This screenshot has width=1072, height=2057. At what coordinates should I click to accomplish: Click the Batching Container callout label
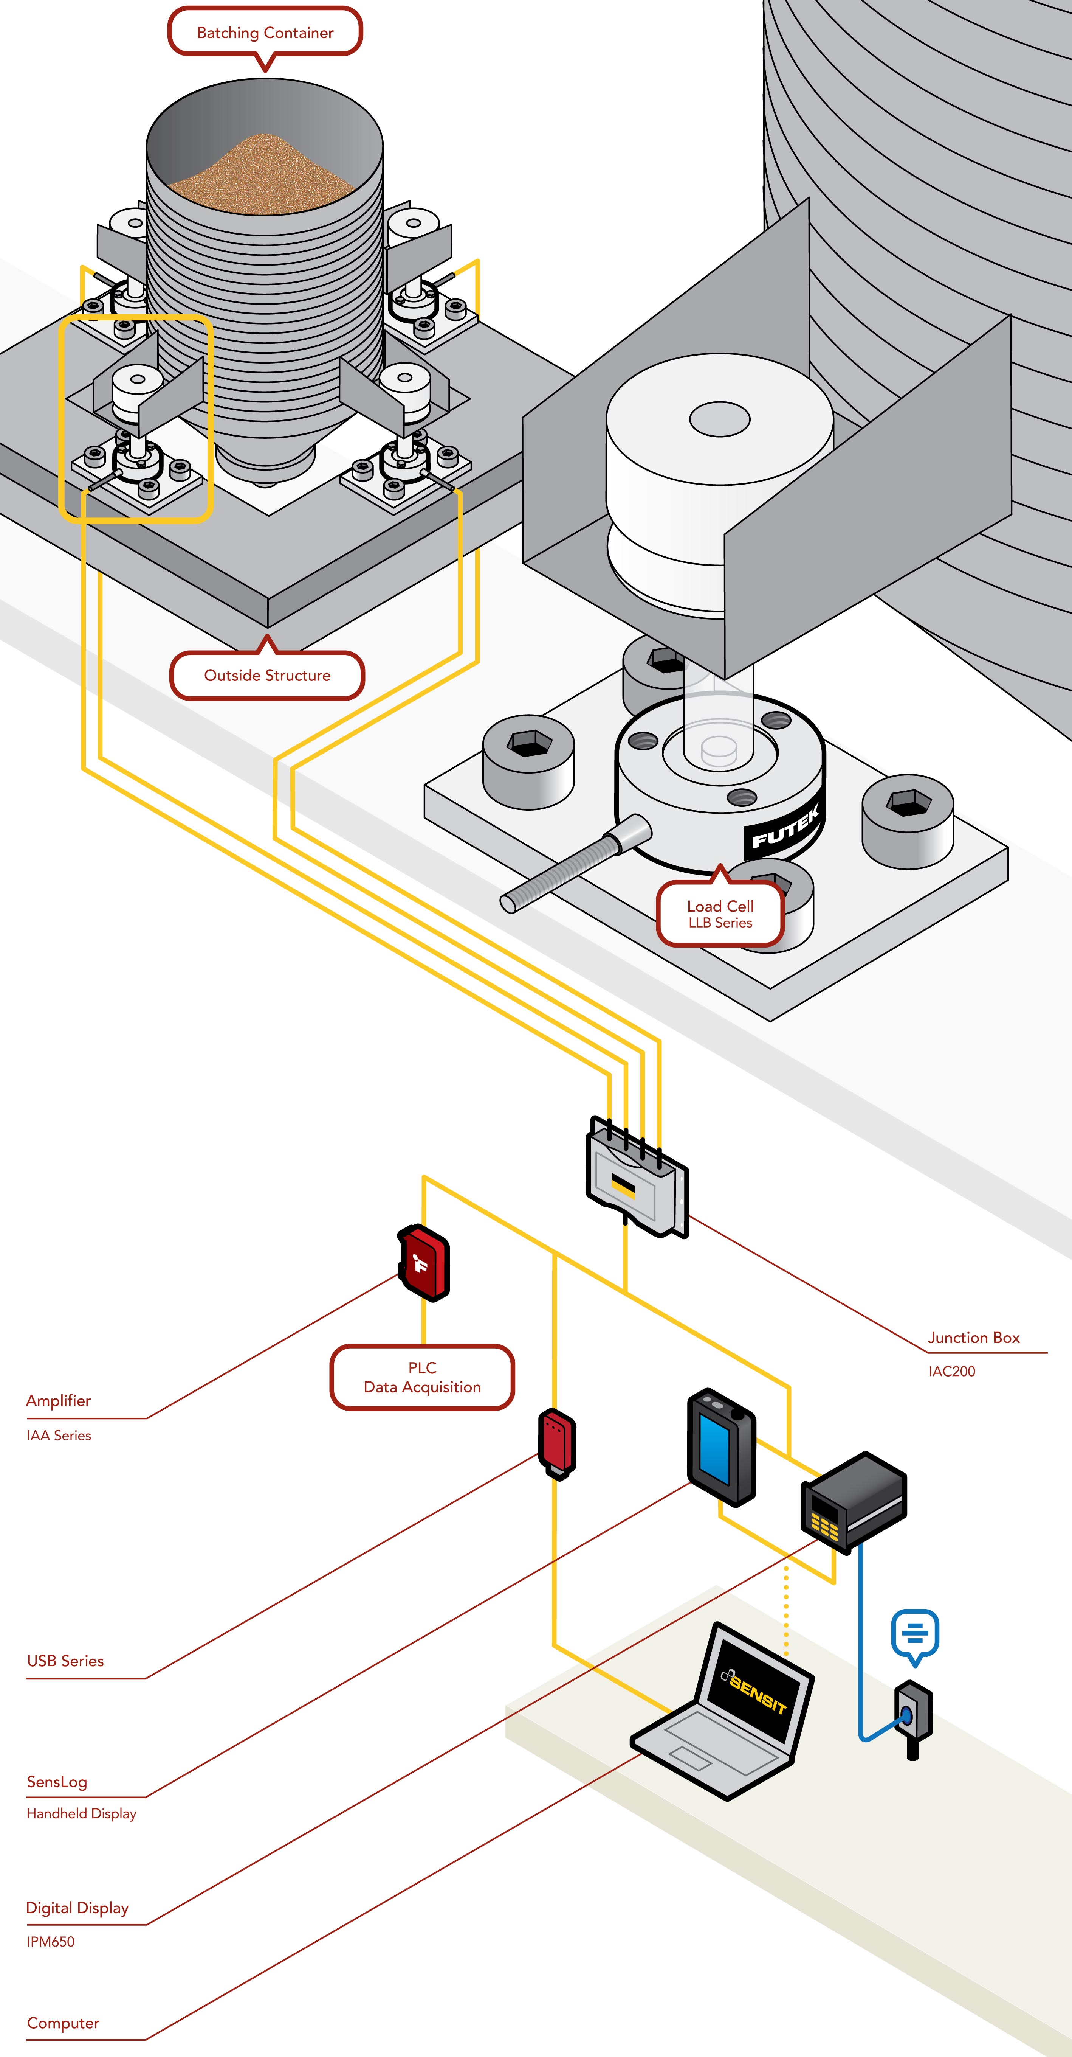tap(265, 33)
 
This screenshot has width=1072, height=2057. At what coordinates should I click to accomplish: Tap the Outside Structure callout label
tap(266, 676)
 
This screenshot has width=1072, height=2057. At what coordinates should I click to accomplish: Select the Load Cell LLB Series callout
tap(720, 914)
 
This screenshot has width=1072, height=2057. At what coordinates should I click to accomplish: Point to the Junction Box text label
tap(973, 1338)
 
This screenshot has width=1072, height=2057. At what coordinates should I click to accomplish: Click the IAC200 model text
tap(951, 1371)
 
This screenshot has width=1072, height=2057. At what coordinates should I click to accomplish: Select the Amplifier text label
tap(58, 1401)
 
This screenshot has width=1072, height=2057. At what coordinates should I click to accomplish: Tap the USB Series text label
tap(65, 1661)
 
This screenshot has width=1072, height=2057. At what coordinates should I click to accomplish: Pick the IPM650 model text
tap(50, 1941)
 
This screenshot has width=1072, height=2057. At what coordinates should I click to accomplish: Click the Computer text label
tap(63, 2023)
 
